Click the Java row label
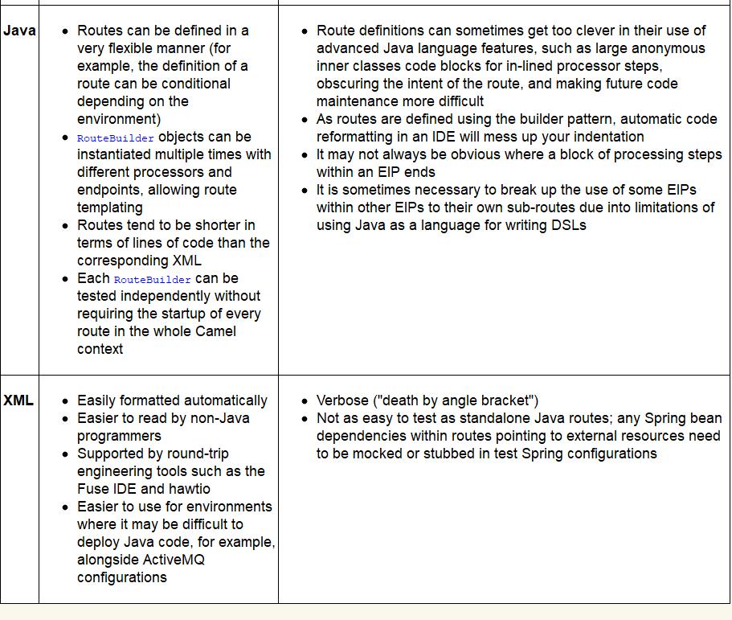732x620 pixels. coord(19,31)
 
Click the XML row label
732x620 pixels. coord(18,400)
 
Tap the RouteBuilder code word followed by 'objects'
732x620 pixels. coord(115,138)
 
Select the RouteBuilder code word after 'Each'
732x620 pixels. coord(153,279)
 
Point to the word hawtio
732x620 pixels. coord(190,489)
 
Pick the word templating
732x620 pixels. coord(110,207)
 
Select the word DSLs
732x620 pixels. coord(570,225)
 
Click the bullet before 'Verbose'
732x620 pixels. coord(305,401)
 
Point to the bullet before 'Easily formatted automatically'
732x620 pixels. coord(65,401)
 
